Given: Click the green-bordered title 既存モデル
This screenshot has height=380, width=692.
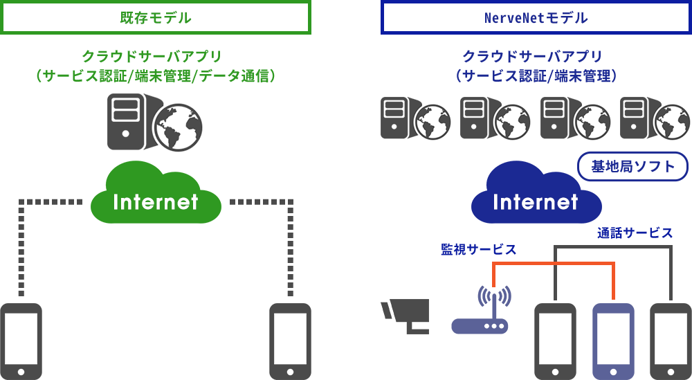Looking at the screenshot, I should click(156, 18).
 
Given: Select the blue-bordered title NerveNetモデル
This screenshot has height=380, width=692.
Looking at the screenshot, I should click(536, 18).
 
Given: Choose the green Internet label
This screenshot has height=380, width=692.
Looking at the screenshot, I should click(156, 202).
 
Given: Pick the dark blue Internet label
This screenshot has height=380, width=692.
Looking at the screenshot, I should click(536, 202).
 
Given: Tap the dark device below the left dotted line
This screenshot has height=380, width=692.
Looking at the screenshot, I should click(21, 341).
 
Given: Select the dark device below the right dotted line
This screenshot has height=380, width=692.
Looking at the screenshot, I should click(290, 341).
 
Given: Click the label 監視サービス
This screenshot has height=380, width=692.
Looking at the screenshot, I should click(478, 249).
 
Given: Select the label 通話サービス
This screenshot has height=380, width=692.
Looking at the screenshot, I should click(635, 233).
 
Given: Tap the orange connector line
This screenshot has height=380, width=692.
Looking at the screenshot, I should click(554, 263).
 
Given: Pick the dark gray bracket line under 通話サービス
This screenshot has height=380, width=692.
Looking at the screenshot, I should click(612, 246).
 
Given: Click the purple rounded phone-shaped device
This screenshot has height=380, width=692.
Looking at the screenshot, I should click(613, 341).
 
